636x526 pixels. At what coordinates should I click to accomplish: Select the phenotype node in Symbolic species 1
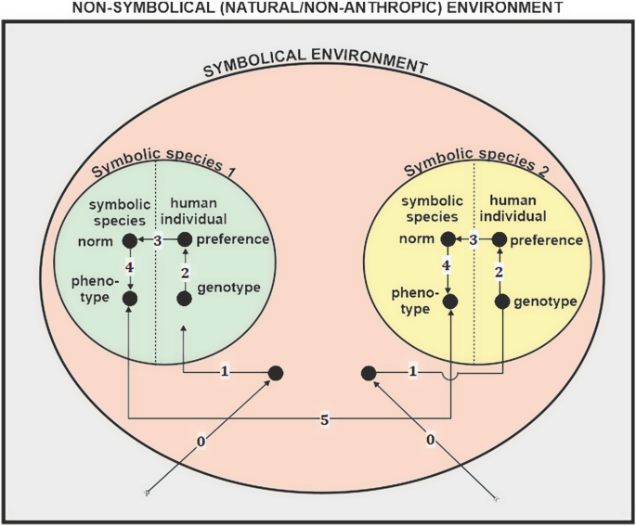coord(130,298)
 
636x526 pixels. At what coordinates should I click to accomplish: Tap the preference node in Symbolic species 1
coord(184,240)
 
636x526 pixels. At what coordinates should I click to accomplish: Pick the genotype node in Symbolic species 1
coord(184,298)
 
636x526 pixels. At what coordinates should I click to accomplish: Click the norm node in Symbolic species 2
coord(449,240)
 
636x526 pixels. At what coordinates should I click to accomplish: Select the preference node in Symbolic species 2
coord(501,240)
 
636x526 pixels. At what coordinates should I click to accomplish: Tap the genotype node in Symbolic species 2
coord(501,301)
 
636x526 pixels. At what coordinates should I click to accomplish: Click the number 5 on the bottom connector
coord(325,420)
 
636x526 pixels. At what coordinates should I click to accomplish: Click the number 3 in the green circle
coord(158,241)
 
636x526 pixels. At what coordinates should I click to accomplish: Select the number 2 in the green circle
coord(184,272)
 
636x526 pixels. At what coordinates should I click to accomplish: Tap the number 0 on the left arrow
coord(201,443)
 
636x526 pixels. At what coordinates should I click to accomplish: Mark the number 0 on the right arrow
coord(430,439)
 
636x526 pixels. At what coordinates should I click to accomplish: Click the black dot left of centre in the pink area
coord(275,373)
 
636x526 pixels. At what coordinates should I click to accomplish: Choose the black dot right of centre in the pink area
coord(368,373)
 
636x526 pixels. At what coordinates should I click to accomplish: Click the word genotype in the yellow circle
coord(546,302)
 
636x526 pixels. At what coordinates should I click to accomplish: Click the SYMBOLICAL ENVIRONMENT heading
coord(315,69)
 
